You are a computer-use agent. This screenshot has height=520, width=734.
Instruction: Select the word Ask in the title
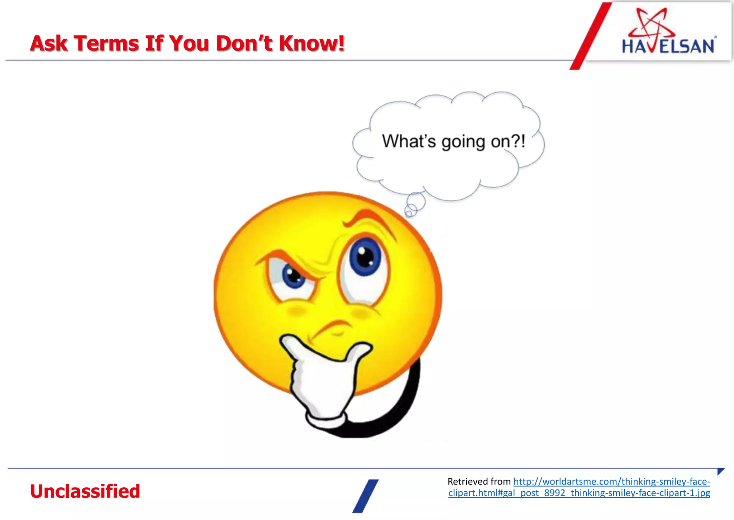click(49, 43)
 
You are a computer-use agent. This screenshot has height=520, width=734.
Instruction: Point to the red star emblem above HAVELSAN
click(651, 23)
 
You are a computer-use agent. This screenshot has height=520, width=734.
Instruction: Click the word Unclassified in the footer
click(85, 491)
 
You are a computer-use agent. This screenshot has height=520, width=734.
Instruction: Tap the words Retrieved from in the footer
click(479, 482)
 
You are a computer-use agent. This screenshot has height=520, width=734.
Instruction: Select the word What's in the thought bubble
click(409, 141)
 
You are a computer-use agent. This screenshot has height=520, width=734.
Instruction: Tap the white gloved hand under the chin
click(323, 380)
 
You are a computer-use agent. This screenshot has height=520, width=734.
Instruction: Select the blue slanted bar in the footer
click(365, 496)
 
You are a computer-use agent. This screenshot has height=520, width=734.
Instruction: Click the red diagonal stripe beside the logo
click(591, 36)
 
